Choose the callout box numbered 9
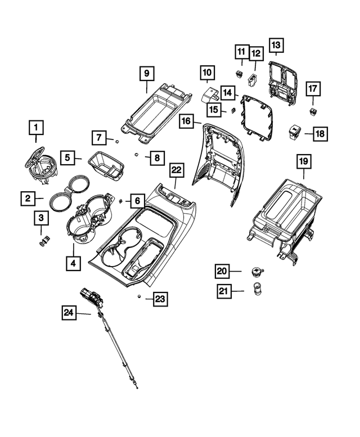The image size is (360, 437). pos(146,73)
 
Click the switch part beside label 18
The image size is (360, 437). pos(295,131)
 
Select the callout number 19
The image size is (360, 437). pos(303,162)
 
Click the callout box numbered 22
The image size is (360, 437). pos(177,169)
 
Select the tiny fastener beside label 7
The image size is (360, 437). pos(116,141)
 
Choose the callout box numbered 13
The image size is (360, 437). pos(276,44)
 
